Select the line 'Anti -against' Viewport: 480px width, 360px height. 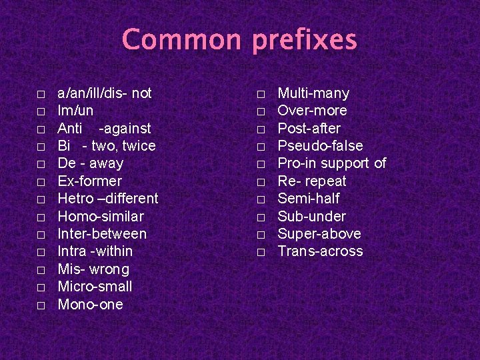click(104, 128)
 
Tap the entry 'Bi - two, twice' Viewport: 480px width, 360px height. click(107, 146)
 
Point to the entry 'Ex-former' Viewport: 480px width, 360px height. click(89, 181)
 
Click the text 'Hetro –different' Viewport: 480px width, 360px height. click(108, 199)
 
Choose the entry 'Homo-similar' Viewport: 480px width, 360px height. click(101, 216)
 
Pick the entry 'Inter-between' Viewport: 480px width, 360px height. click(102, 234)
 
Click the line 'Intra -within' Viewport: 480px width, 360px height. click(95, 251)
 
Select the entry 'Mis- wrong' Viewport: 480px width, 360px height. click(93, 269)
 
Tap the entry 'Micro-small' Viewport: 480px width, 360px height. click(95, 287)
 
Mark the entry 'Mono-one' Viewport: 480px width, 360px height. click(91, 305)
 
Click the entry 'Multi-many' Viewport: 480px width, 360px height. click(313, 93)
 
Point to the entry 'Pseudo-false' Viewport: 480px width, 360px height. click(320, 146)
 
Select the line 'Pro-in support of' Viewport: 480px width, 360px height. click(331, 163)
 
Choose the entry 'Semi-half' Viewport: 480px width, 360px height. click(309, 199)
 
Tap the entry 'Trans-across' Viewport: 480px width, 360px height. click(320, 251)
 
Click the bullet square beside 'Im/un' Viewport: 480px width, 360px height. click(41, 111)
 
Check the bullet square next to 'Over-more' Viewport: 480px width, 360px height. click(261, 111)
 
